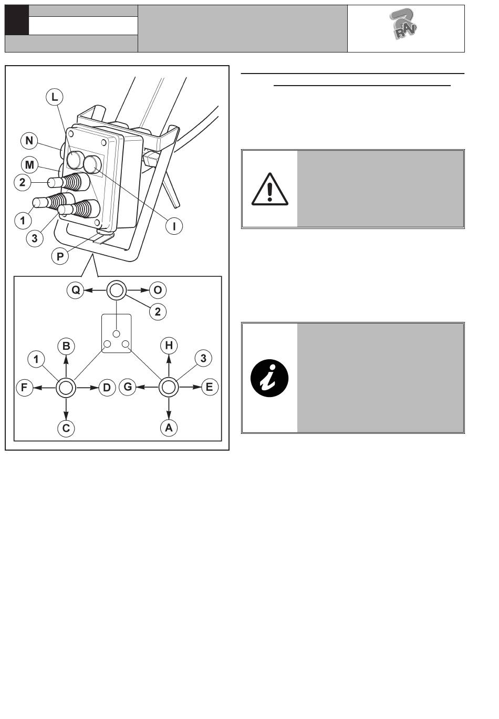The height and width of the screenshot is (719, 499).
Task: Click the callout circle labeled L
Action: pyautogui.click(x=55, y=97)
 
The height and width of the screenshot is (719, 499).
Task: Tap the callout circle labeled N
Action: pyautogui.click(x=29, y=140)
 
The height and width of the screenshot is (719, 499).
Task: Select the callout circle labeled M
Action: pyautogui.click(x=29, y=165)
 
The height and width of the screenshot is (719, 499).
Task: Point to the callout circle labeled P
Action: pyautogui.click(x=61, y=256)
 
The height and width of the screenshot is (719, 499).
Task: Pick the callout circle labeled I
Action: pyautogui.click(x=174, y=226)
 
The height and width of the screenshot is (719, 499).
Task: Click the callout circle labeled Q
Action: pyautogui.click(x=76, y=290)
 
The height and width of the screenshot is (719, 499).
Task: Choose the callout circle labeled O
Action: pyautogui.click(x=158, y=290)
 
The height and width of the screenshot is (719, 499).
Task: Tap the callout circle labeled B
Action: pyautogui.click(x=66, y=346)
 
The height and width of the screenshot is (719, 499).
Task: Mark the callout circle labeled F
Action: pyautogui.click(x=24, y=388)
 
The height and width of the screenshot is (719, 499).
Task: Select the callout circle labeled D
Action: pyautogui.click(x=107, y=388)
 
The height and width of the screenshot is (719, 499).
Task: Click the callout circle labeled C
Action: pyautogui.click(x=66, y=429)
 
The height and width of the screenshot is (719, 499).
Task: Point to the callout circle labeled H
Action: pyautogui.click(x=169, y=345)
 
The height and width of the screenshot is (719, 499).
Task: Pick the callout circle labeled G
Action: pyautogui.click(x=127, y=388)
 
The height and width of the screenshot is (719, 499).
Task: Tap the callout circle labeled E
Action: pyautogui.click(x=209, y=388)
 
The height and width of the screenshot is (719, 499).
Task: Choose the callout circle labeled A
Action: pyautogui.click(x=169, y=428)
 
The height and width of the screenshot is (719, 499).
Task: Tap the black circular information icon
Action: pyautogui.click(x=269, y=378)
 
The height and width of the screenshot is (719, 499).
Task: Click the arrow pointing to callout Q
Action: pyautogui.click(x=96, y=290)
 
